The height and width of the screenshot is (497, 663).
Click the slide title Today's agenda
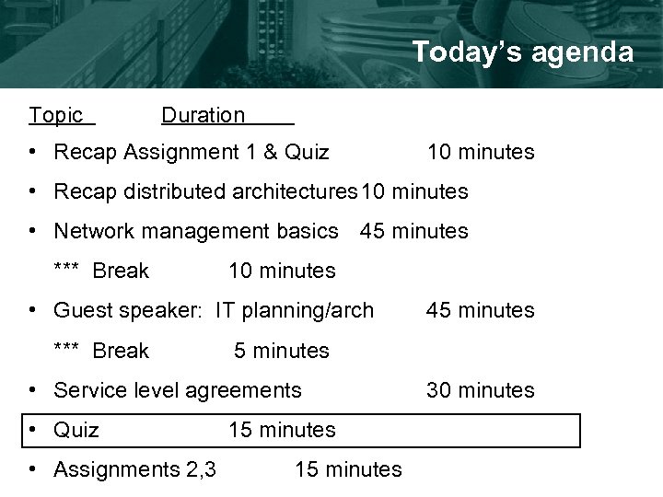coord(522,52)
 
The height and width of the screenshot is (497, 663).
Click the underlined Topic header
coord(56,115)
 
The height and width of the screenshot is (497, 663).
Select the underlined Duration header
coord(204,115)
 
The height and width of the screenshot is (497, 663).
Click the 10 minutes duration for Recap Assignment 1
coord(480,152)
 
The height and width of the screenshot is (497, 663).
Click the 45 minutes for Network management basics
coord(414,231)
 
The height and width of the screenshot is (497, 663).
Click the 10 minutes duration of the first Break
coord(282,271)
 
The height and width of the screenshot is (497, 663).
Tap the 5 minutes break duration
coord(282,351)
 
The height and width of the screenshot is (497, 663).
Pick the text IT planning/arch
coord(295,310)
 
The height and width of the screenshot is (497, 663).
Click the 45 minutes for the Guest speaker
coord(480,310)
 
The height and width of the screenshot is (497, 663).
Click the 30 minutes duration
coord(480,390)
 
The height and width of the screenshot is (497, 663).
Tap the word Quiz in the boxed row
coord(76,430)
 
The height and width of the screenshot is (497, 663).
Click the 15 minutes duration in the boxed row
coord(282,430)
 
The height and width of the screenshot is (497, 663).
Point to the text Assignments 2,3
coord(135,469)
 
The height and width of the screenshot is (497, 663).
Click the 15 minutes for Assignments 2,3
coord(348,469)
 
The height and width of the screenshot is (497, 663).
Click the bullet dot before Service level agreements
coord(33,390)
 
